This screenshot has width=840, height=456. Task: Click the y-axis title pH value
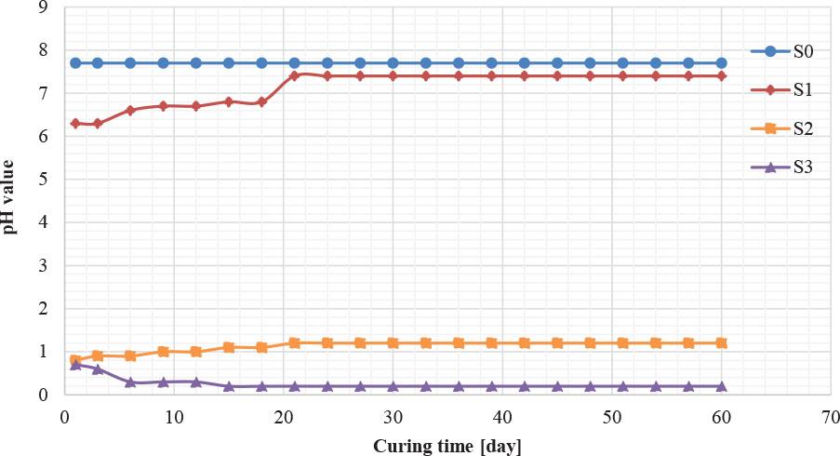(8, 196)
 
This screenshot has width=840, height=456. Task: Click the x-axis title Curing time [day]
(447, 446)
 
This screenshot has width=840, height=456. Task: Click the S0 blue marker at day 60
(721, 63)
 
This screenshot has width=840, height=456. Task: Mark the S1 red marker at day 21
(294, 76)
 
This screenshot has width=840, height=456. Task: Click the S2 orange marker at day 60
(721, 342)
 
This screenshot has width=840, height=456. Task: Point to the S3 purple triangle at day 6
(130, 382)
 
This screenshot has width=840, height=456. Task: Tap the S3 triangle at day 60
(721, 385)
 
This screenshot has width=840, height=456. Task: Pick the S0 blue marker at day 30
(393, 63)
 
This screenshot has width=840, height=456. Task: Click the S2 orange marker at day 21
(294, 342)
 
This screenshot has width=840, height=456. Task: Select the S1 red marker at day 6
(130, 110)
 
